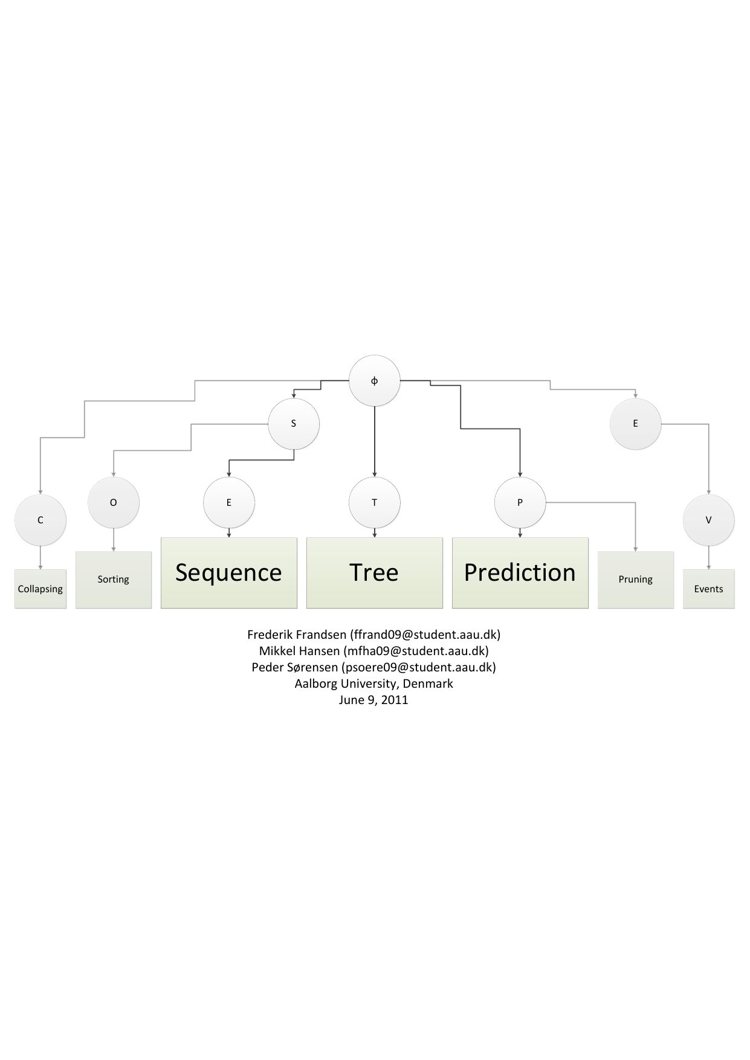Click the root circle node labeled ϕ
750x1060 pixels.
coord(375,381)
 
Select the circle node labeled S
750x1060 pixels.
coord(294,424)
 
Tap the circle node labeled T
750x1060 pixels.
coord(375,502)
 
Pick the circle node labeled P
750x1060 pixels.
coord(520,502)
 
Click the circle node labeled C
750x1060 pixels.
coord(40,520)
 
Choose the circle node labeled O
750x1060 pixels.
coord(114,502)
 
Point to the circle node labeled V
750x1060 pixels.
coord(708,520)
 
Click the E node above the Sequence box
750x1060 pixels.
coord(229,502)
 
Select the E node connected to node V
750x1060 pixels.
coord(635,424)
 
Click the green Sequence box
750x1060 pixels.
coord(229,572)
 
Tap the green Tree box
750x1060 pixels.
coord(375,572)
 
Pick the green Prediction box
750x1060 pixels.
coord(520,572)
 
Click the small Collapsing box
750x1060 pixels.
coord(40,589)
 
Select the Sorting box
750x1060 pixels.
coord(114,580)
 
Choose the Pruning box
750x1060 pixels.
coord(635,580)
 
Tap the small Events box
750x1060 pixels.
coord(708,589)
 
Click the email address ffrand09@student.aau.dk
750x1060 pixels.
coord(425,635)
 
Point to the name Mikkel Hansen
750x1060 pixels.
coord(299,651)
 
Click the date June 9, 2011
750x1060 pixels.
coord(373,700)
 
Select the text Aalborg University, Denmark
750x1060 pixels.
coord(373,684)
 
